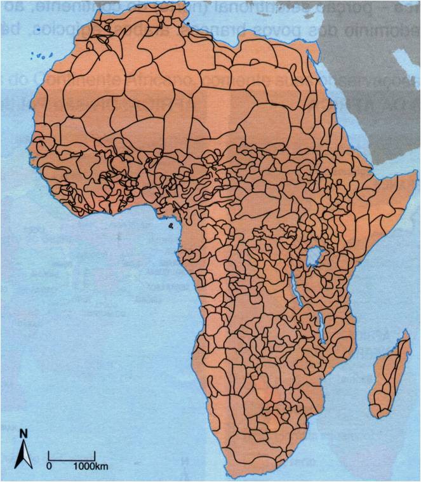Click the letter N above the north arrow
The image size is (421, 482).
tap(23, 434)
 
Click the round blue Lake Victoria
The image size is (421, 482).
tap(312, 258)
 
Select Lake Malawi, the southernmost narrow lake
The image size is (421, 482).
tap(322, 330)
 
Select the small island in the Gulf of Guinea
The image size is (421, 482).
tap(170, 225)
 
